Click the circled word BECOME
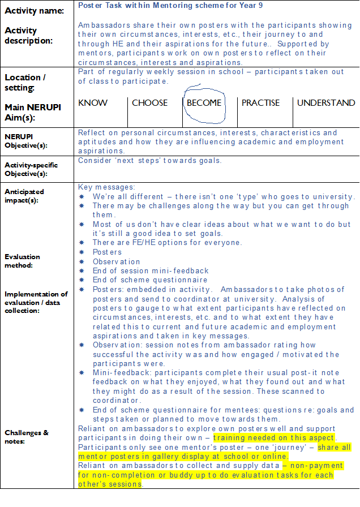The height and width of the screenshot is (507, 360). (204, 103)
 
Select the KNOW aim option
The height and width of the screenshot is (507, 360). (92, 103)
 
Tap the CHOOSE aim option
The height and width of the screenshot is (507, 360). (149, 103)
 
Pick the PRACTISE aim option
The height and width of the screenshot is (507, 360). (260, 103)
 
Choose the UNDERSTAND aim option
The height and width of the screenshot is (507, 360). (326, 103)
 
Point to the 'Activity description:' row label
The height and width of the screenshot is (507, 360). (29, 35)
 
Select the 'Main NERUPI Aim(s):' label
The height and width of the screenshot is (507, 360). (32, 112)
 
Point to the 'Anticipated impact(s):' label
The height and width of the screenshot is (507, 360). (24, 196)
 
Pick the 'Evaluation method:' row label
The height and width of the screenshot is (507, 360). (23, 260)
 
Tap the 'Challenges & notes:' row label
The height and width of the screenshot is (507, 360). (27, 436)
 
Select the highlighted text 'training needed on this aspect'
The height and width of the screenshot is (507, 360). (274, 438)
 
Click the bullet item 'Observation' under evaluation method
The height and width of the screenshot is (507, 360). (117, 261)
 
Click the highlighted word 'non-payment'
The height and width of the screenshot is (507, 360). (319, 465)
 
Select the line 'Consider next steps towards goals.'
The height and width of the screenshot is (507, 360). (150, 160)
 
